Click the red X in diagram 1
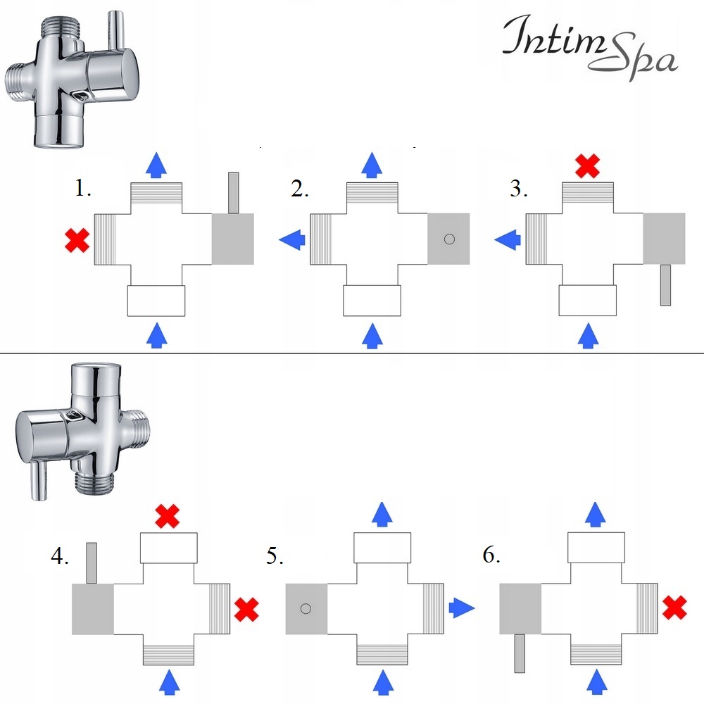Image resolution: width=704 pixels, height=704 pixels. point(76,241)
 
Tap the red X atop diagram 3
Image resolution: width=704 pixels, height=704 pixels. point(588,166)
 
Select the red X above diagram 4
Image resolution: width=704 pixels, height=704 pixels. point(167,517)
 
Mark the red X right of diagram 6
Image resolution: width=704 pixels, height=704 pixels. point(675,607)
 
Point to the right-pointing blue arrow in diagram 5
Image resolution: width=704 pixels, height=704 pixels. point(461,607)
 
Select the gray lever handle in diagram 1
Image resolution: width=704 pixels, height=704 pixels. point(234,192)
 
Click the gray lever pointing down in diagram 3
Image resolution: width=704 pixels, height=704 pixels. point(665,285)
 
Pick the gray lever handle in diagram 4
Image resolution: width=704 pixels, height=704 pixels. point(91,563)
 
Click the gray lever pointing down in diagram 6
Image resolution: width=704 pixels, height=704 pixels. point(520,653)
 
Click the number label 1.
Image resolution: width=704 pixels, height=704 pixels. point(83,189)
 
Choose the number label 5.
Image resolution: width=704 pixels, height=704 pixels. point(275,558)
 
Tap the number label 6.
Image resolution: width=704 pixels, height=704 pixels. point(491,555)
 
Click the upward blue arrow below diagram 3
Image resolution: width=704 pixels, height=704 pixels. point(588,336)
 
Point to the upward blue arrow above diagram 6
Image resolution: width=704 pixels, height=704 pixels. point(596,514)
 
